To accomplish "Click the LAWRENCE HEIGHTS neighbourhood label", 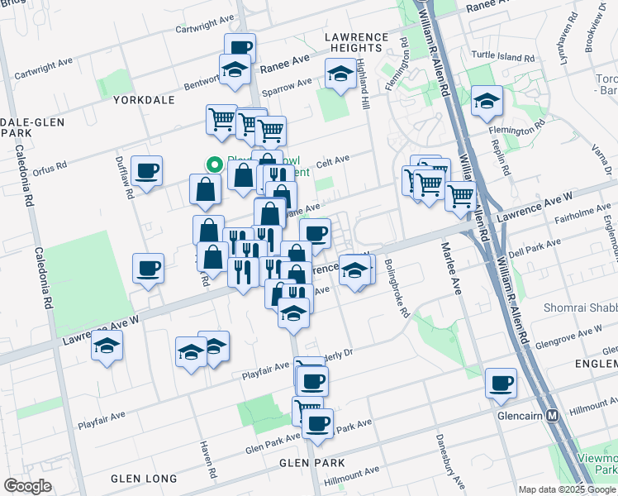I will pos(356,43).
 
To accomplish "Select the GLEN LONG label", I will pos(144,479).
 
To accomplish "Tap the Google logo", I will pos(27,486).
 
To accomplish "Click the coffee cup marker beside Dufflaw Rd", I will pos(147,171).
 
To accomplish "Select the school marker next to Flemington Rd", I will pos(487,102).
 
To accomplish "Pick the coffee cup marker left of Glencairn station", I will pos(501,383).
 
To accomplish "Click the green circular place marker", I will pos(214,165).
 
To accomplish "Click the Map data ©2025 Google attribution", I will pos(567,489).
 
